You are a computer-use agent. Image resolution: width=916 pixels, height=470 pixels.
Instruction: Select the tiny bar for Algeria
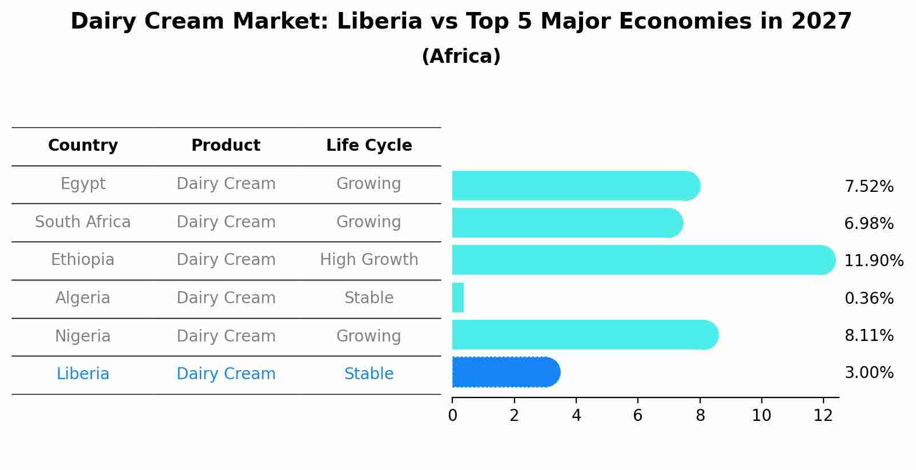[x=458, y=298]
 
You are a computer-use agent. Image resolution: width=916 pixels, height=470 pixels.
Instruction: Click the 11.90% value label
[x=873, y=261]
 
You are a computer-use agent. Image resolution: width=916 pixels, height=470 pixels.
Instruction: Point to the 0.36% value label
[x=869, y=298]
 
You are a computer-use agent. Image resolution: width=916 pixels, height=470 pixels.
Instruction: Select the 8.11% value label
[x=869, y=335]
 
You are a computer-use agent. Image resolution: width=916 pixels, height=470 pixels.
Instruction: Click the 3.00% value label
[x=869, y=373]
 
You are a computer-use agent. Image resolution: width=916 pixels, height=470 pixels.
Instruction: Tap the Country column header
[x=83, y=146]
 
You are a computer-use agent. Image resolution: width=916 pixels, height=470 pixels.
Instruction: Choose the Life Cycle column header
[x=369, y=146]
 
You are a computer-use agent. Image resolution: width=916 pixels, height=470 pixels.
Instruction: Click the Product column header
[x=226, y=146]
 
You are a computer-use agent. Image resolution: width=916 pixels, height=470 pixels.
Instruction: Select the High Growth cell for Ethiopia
[x=369, y=260]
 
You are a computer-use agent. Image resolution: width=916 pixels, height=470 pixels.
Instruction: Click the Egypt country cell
[x=83, y=184]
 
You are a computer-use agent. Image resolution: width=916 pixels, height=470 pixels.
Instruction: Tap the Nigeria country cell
[x=83, y=336]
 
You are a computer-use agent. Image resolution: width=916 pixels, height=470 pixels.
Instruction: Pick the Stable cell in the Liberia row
[x=369, y=374]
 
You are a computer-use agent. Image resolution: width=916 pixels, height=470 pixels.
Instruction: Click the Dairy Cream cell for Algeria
[x=226, y=298]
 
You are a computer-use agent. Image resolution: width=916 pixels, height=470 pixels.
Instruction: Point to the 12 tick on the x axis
[x=823, y=416]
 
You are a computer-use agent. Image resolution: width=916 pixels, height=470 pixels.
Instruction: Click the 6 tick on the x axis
[x=638, y=416]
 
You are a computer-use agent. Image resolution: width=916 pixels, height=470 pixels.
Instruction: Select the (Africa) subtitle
[x=461, y=57]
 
